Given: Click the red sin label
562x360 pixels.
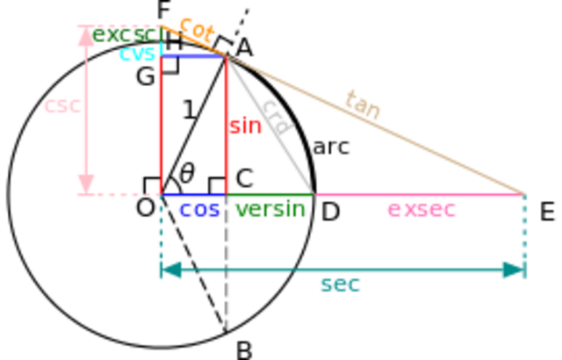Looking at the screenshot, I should coord(246,127).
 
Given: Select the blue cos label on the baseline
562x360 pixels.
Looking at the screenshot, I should coord(198,211).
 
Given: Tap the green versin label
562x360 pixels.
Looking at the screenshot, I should coord(271,211).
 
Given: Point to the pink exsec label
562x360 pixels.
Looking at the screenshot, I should coord(421,210).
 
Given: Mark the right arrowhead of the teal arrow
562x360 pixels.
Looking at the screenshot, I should coord(511,270).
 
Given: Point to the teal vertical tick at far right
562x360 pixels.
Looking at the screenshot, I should coord(524,237).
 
